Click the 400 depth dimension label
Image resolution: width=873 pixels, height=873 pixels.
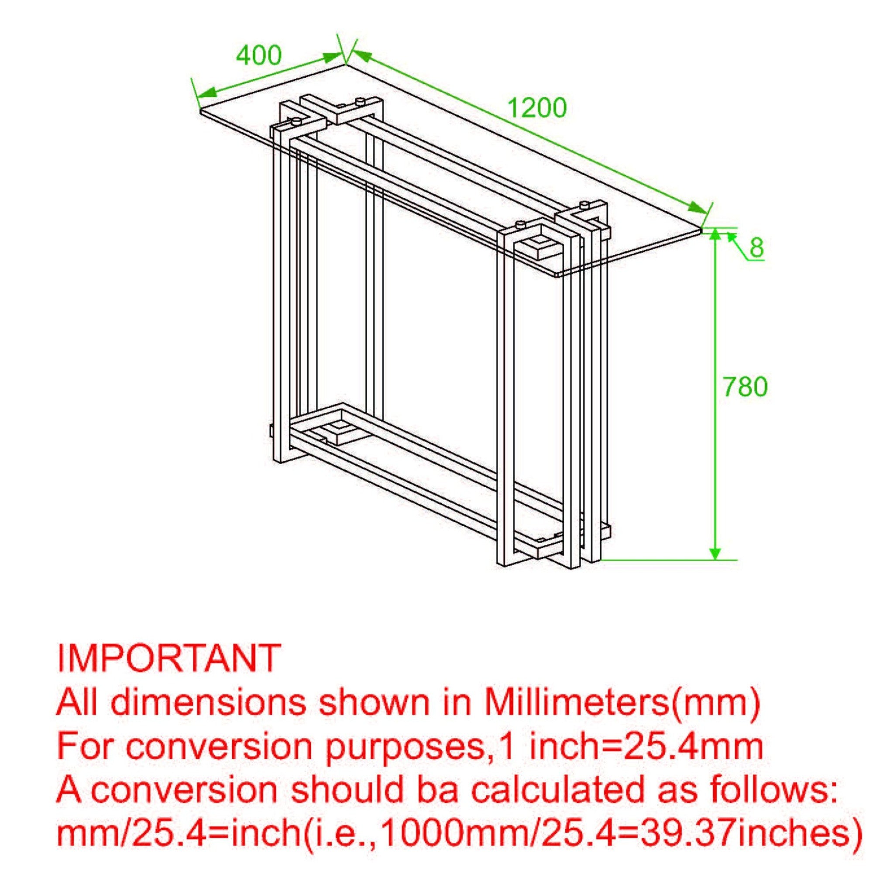pos(259,55)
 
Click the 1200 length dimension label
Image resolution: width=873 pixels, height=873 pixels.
pos(537,108)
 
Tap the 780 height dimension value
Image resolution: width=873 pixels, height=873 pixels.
pos(745,387)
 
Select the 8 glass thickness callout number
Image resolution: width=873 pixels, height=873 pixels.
pos(756,247)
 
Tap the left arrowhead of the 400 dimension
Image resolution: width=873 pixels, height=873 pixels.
pos(207,93)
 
